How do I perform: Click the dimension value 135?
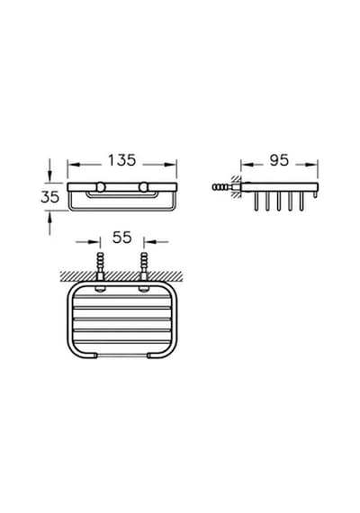pyautogui.click(x=121, y=160)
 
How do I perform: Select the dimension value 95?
pyautogui.click(x=279, y=160)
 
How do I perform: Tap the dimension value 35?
pyautogui.click(x=50, y=197)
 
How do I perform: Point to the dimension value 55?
pyautogui.click(x=122, y=238)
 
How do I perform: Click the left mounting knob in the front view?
pyautogui.click(x=101, y=187)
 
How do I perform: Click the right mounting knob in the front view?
pyautogui.click(x=143, y=187)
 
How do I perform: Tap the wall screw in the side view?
pyautogui.click(x=221, y=187)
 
